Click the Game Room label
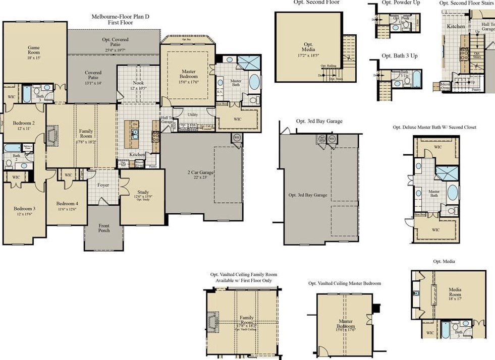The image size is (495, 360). click(34, 51)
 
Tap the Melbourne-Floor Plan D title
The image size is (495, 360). click(120, 19)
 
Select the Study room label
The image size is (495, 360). click(143, 194)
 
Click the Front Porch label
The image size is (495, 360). click(104, 228)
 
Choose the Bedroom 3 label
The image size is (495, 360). click(24, 211)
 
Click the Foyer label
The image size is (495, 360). click(103, 185)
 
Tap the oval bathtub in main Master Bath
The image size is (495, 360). click(254, 82)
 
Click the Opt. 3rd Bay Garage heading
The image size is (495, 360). click(320, 122)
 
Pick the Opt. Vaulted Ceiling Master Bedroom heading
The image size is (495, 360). click(345, 283)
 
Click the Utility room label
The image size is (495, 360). click(192, 115)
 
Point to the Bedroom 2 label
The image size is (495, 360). click(24, 126)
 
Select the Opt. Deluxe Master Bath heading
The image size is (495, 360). click(434, 128)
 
